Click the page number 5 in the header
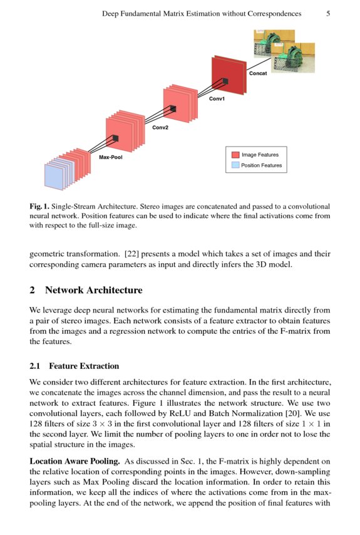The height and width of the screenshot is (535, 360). point(328,14)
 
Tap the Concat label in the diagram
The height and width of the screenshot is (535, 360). point(258,73)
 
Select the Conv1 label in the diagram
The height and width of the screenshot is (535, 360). point(217,98)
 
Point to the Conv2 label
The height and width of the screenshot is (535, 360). point(160,127)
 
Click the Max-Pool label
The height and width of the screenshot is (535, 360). point(110,157)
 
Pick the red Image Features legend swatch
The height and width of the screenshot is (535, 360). point(235,155)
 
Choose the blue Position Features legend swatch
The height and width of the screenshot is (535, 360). point(235,165)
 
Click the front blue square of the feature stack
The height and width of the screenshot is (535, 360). point(54,177)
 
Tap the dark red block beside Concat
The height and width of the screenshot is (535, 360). point(228,75)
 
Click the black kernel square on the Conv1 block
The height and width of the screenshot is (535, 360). point(225,81)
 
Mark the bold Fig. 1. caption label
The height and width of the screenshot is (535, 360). point(39,207)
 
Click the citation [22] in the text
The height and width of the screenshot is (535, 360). point(131,254)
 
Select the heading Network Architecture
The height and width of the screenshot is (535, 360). point(94,290)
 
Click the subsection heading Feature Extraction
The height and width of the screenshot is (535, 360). point(84,366)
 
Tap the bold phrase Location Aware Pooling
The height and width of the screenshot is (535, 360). point(75,461)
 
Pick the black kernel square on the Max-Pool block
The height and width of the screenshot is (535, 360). point(116,138)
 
